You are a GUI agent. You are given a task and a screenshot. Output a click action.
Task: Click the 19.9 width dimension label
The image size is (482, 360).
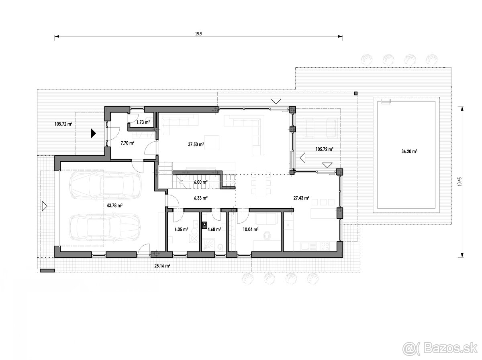198,34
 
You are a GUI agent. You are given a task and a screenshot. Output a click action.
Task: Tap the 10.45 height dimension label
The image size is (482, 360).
460,182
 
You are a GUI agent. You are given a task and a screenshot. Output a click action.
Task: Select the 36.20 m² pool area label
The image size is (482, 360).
409,151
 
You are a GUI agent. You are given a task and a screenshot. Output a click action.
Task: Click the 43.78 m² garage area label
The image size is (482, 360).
114,205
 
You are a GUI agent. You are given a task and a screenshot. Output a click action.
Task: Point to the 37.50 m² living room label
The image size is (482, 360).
196,144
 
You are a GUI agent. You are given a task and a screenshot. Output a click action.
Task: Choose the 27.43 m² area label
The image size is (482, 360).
301,198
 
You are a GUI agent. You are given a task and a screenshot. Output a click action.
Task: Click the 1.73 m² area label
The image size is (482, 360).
143,122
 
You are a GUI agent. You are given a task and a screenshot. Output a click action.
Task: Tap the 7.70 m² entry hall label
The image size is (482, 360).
127,143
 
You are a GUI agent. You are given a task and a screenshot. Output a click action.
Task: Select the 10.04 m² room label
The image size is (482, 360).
251,230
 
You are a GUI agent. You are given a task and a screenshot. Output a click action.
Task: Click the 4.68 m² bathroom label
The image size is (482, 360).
214,230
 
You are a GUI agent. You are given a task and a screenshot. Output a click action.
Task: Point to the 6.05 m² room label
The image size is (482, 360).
181,230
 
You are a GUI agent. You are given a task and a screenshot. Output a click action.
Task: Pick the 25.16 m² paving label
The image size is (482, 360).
162,266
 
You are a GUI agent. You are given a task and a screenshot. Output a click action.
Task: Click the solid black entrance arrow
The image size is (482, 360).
94,133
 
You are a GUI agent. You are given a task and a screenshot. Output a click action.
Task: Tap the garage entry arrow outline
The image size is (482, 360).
45,206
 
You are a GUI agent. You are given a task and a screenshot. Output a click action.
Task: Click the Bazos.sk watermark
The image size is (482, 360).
440,348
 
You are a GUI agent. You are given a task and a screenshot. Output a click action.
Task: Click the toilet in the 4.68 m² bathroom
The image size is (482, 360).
220,247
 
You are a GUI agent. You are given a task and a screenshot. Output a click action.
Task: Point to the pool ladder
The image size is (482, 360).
386,102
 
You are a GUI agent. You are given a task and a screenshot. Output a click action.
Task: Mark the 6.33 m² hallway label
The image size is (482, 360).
201,198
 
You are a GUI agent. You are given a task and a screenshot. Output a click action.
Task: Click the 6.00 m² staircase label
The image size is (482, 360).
201,182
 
